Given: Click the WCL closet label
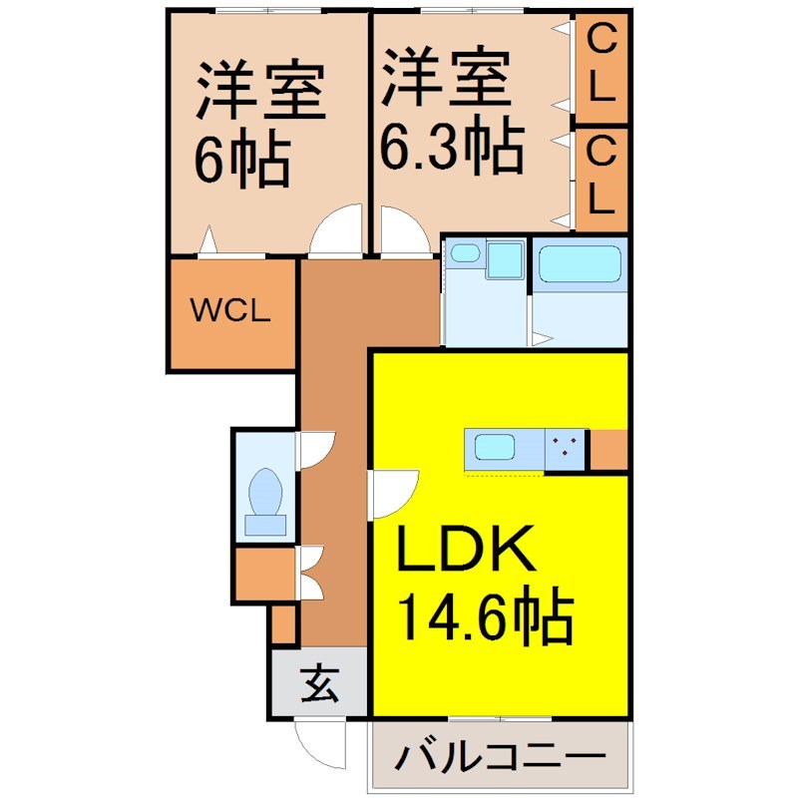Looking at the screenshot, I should (230, 311).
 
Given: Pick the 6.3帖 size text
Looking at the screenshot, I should (451, 147).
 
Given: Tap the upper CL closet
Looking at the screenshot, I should (600, 66).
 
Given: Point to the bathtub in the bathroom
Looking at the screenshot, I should (581, 267).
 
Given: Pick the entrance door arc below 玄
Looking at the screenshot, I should (319, 739).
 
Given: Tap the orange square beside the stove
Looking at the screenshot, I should (608, 450).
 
